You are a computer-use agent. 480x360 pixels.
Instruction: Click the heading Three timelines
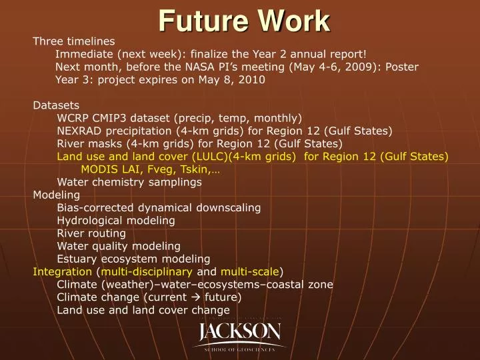(x=74, y=41)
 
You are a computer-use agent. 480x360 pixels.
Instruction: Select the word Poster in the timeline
(x=402, y=67)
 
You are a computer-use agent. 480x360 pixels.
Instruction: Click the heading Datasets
(x=56, y=105)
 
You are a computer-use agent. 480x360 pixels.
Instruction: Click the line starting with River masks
(x=199, y=143)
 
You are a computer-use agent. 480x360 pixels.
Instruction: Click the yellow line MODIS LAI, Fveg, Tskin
(x=151, y=169)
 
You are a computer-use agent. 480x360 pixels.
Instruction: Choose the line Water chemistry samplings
(x=129, y=181)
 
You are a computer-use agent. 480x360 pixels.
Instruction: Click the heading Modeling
(x=57, y=195)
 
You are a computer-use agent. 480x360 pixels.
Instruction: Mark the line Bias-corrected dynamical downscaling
(x=159, y=207)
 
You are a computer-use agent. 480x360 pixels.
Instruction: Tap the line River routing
(x=91, y=233)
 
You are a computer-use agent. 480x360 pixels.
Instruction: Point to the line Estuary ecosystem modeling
(x=133, y=259)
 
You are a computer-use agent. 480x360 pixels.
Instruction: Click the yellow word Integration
(x=63, y=271)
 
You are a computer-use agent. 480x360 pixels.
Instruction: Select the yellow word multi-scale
(x=250, y=271)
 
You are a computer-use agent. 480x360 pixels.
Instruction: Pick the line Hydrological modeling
(x=116, y=220)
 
